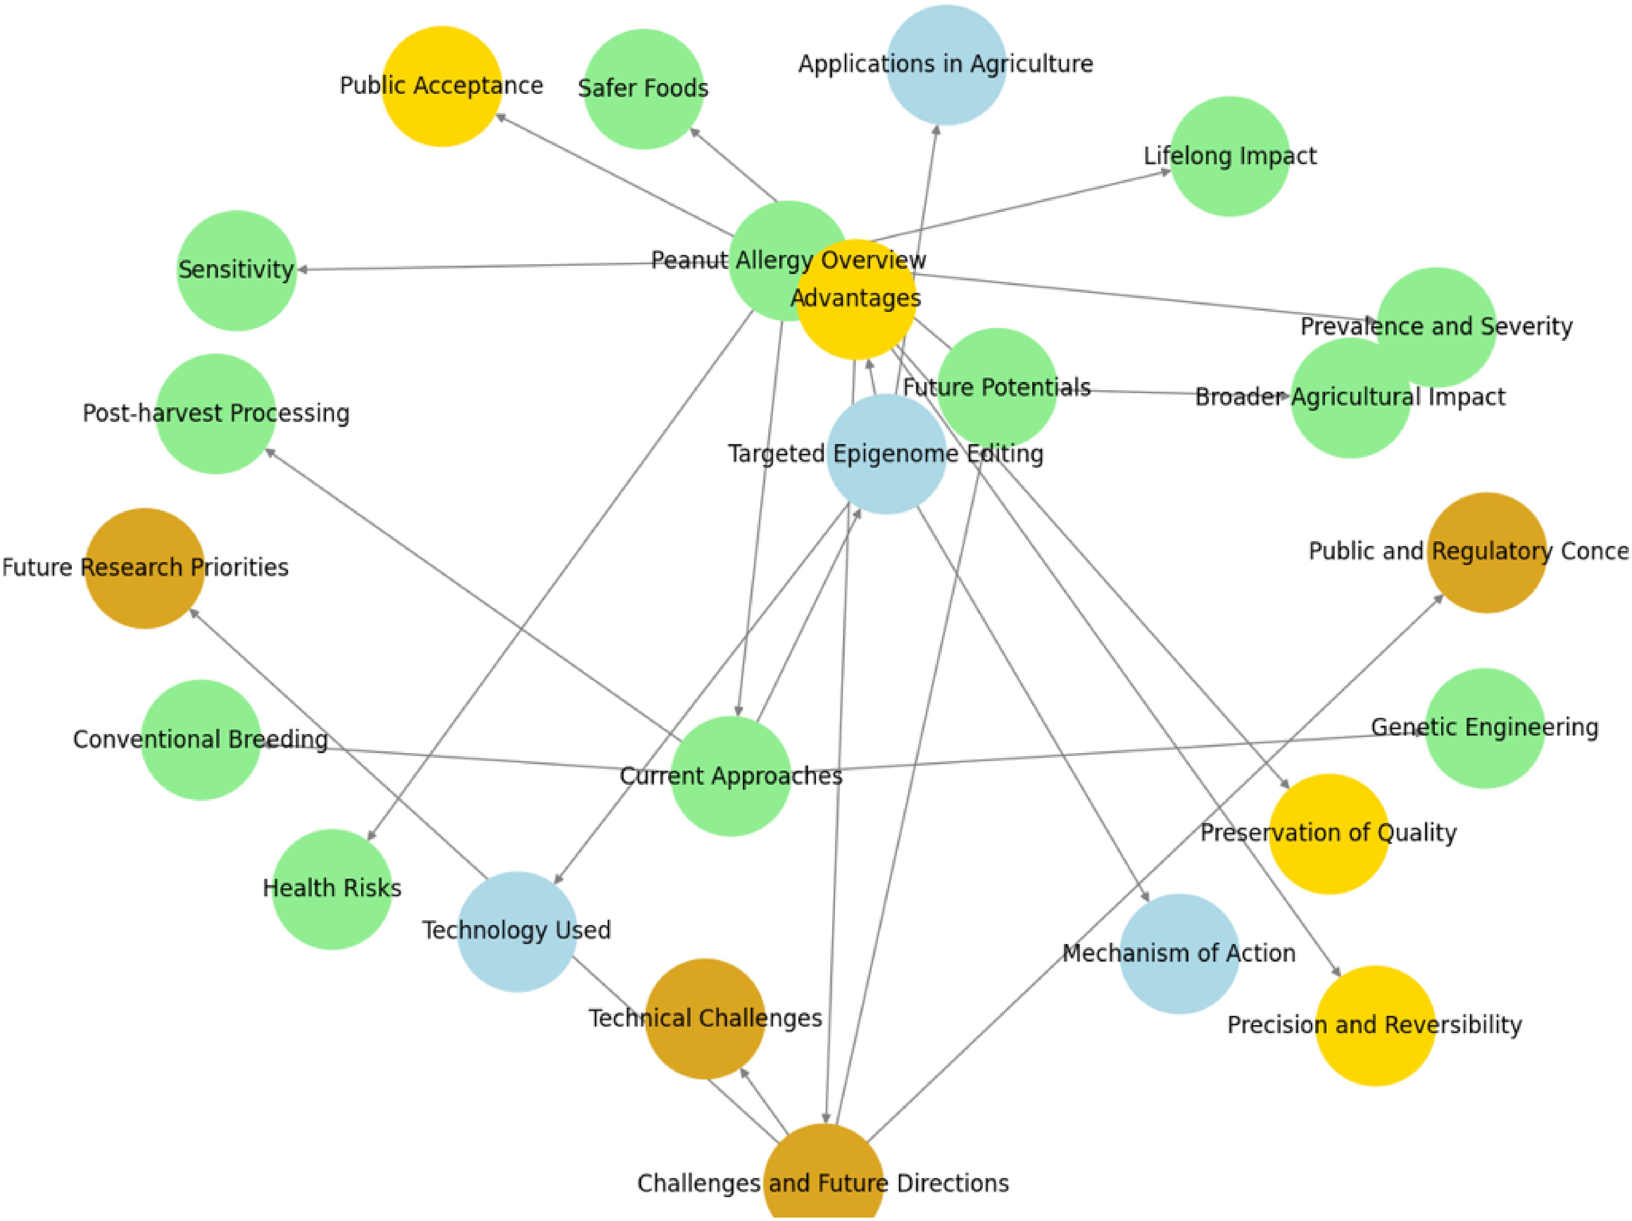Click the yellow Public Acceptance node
[441, 86]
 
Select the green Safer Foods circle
[643, 89]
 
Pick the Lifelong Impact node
[1230, 157]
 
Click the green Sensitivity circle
[236, 270]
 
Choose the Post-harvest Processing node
[215, 413]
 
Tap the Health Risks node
[332, 889]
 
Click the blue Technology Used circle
[516, 932]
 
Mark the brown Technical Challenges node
[705, 1019]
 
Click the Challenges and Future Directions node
[823, 1174]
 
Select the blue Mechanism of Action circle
[1178, 954]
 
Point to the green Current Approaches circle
[730, 777]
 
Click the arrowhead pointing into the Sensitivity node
[302, 270]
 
